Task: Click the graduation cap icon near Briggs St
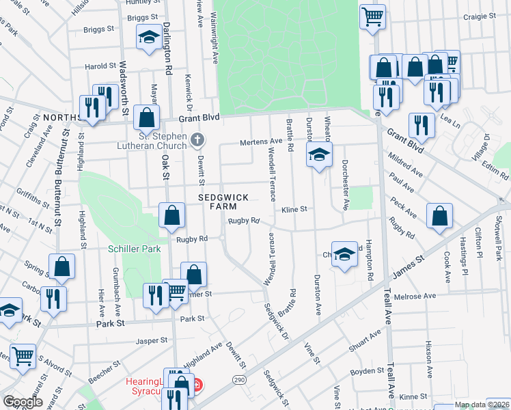click(x=148, y=38)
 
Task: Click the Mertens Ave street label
click(x=260, y=141)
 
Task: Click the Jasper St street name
click(x=151, y=340)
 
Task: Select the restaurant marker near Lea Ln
click(x=421, y=126)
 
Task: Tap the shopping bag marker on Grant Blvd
click(x=146, y=118)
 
